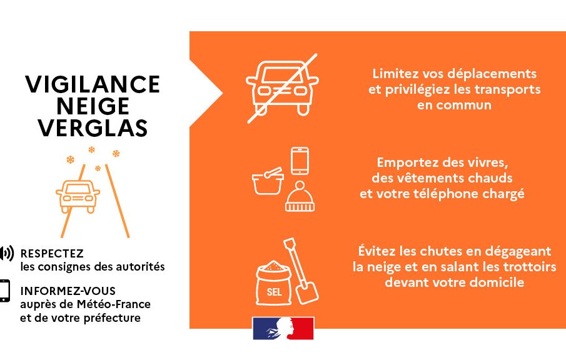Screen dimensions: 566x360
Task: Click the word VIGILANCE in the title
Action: click(93, 84)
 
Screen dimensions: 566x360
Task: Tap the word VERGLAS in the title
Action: click(93, 127)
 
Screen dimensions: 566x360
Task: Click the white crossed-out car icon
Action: click(282, 88)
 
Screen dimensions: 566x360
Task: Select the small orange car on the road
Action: click(78, 196)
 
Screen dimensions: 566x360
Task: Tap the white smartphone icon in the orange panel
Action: click(300, 161)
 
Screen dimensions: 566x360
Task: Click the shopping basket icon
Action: click(268, 181)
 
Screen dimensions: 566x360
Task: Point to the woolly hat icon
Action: click(300, 196)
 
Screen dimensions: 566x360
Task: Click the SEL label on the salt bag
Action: click(274, 292)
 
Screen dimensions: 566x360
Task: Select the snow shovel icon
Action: click(301, 271)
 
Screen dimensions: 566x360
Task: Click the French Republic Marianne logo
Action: click(283, 328)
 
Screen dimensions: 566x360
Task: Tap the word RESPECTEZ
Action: click(52, 254)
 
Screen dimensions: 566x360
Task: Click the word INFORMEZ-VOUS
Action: click(68, 291)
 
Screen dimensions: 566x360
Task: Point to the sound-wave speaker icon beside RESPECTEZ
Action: click(6, 253)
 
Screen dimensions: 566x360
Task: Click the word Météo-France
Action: click(114, 304)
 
